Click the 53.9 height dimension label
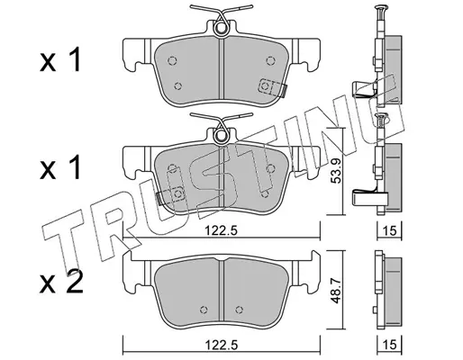coord(336,171)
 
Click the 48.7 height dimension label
coord(336,290)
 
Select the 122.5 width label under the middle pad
coord(222,230)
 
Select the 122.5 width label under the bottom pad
coord(222,345)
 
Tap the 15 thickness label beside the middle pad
coord(390,230)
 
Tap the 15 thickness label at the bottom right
coord(390,345)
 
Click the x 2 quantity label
coord(61,283)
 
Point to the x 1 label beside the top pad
coord(60,60)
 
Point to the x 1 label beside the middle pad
coord(60,167)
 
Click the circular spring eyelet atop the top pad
coord(221,28)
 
